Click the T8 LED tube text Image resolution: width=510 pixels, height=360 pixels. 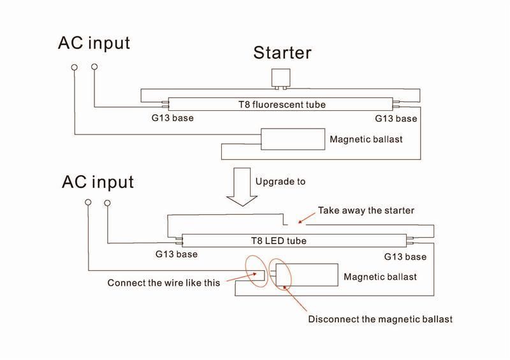[x=279, y=241]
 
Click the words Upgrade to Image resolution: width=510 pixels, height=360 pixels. [x=280, y=182]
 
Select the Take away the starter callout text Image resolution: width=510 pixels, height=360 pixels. [x=366, y=211]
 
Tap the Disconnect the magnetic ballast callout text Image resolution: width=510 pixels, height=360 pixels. [x=380, y=319]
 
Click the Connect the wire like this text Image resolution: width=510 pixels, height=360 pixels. [x=164, y=283]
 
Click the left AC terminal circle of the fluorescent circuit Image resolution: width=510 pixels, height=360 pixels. [x=75, y=67]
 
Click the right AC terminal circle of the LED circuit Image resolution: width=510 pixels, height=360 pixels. [x=106, y=203]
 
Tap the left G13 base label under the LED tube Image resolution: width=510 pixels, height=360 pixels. [x=177, y=254]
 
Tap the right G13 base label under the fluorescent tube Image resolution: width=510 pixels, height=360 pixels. [x=395, y=119]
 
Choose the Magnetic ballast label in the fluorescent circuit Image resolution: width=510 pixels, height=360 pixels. [x=366, y=139]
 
